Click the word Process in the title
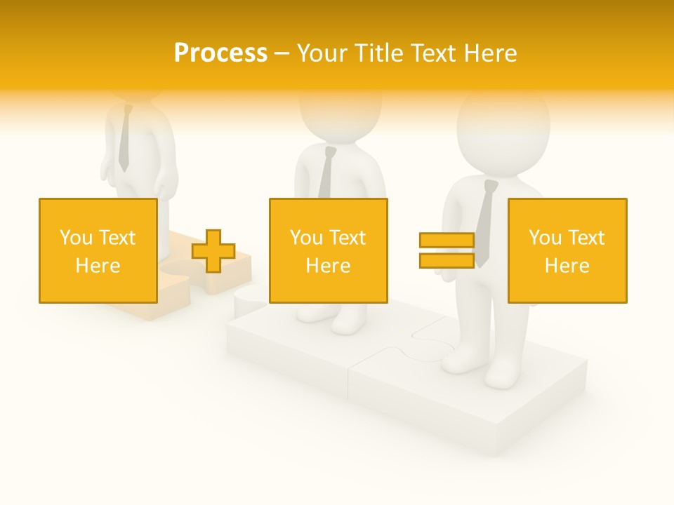point(220,53)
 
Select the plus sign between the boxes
point(213,251)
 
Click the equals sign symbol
point(447,250)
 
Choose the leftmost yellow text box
point(98,250)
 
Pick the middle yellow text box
point(328,250)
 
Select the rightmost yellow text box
point(567,250)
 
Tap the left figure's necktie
point(124,140)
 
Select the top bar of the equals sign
point(447,241)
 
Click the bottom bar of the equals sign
point(447,260)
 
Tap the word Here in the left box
point(98,266)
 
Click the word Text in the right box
point(584,238)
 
